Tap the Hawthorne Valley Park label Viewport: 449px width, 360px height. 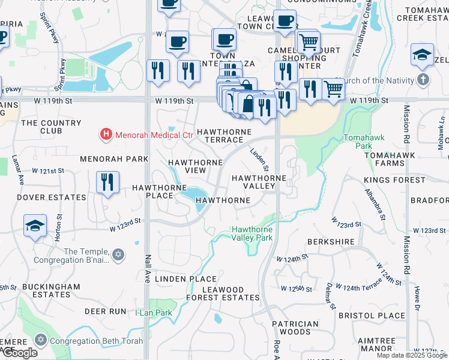coord(252,233)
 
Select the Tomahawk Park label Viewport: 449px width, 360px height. coord(358,142)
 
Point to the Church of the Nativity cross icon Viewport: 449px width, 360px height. coord(423,80)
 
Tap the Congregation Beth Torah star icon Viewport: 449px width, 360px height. coord(41,341)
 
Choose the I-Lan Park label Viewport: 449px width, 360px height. coord(154,313)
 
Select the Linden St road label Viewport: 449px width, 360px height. coord(259,160)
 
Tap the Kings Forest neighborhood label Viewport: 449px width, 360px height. coord(394,180)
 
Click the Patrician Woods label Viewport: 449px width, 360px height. coord(295,328)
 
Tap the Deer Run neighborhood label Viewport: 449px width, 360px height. coord(106,311)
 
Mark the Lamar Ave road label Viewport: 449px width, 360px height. coord(17,170)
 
